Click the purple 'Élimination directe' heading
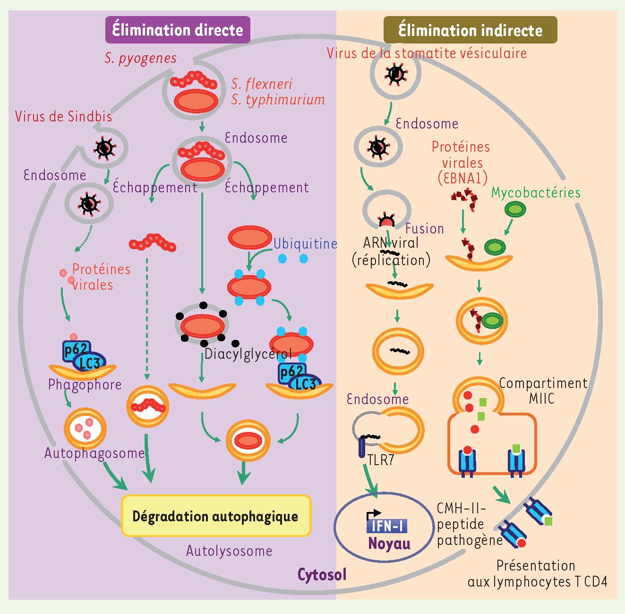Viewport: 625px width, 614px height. (x=177, y=30)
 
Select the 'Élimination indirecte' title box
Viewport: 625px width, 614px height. (x=470, y=30)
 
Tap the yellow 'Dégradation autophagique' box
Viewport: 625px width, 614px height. (x=215, y=516)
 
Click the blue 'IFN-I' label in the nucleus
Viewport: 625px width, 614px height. (x=386, y=526)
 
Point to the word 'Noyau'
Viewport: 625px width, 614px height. (x=389, y=543)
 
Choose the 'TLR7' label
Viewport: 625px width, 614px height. (x=381, y=460)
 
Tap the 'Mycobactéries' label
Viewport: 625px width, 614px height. (x=536, y=192)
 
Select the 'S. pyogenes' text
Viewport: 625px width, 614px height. (x=141, y=58)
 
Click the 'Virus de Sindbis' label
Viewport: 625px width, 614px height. (x=63, y=116)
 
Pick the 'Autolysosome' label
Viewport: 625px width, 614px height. (x=229, y=551)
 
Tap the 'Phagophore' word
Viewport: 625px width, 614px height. (x=85, y=385)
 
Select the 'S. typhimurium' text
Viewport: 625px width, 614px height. (x=278, y=100)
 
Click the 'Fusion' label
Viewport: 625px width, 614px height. (x=424, y=229)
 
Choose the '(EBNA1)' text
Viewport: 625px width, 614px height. (x=462, y=178)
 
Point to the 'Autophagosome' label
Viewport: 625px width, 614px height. (x=94, y=453)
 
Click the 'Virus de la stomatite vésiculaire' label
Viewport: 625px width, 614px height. (x=427, y=52)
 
